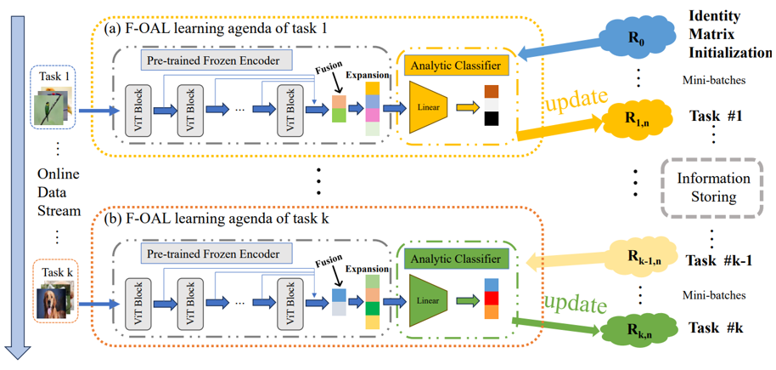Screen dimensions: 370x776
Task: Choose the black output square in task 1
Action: (x=492, y=118)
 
